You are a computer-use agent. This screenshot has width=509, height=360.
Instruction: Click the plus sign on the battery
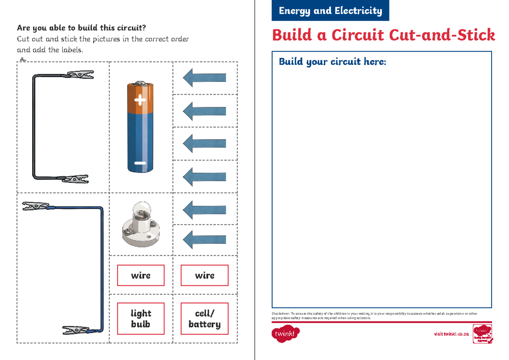(x=140, y=101)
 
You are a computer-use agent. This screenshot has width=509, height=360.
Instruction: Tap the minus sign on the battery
(x=140, y=163)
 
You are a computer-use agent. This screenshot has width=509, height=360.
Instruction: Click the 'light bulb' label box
(x=140, y=318)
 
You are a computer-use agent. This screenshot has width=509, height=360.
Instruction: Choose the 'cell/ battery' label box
(x=204, y=318)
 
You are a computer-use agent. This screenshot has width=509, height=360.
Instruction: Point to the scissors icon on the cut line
(x=23, y=61)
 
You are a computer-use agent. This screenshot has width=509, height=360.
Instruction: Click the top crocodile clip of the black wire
(x=80, y=75)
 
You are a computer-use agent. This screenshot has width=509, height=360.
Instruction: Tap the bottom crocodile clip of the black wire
(x=76, y=179)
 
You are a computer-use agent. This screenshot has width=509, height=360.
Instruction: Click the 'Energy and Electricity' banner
(x=330, y=11)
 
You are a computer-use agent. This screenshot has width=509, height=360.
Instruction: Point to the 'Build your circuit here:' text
(x=333, y=62)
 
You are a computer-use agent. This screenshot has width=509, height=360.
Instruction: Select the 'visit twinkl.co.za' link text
(x=451, y=334)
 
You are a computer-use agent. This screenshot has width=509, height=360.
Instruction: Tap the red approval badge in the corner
(x=483, y=334)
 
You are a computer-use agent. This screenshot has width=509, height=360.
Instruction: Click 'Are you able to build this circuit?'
(x=81, y=28)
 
